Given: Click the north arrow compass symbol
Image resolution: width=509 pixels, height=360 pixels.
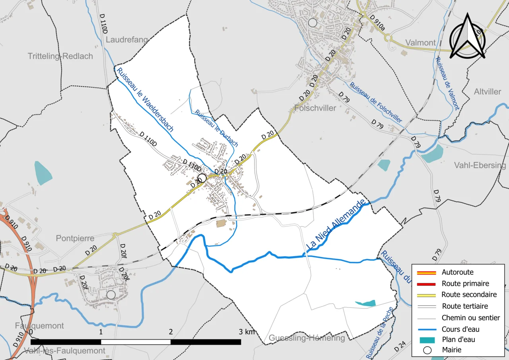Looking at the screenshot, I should (x=467, y=37).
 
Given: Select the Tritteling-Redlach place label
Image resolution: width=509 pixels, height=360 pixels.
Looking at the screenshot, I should (x=60, y=56).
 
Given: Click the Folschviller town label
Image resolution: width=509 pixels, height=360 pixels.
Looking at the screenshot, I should (x=316, y=108).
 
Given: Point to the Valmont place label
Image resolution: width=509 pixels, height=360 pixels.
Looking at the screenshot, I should (x=420, y=43).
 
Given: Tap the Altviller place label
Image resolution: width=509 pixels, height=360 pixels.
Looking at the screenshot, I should (x=488, y=91).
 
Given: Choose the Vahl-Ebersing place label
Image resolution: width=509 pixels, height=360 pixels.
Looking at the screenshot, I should (x=480, y=165).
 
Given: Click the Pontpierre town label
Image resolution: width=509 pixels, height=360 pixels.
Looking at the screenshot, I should (x=75, y=238).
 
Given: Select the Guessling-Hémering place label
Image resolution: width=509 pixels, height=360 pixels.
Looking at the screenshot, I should (x=307, y=338).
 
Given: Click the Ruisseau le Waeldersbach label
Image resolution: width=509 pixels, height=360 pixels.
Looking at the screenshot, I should (x=145, y=99).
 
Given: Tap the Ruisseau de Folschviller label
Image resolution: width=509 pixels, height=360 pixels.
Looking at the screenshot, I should (x=376, y=102).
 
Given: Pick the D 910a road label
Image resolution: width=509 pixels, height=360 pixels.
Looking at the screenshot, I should (x=377, y=23).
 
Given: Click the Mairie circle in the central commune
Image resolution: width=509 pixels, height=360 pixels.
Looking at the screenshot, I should (x=202, y=178).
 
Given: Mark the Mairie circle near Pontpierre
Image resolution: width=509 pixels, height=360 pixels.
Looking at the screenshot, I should (x=111, y=294).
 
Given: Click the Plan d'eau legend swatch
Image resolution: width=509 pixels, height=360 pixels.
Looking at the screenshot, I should (x=426, y=340).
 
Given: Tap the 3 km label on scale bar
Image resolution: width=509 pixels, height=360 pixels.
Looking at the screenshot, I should (x=246, y=332).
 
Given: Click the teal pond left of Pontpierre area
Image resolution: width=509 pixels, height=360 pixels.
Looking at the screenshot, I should (x=43, y=173).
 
